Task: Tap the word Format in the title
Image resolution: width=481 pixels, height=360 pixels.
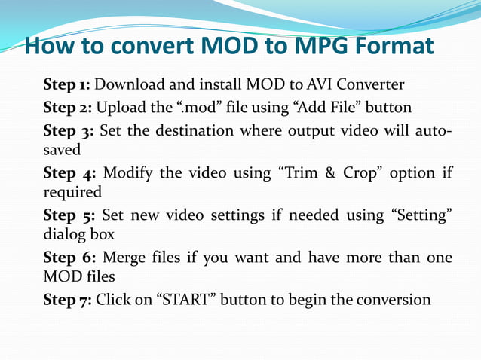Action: coord(395,47)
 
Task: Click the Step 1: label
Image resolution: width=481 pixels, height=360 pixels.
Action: coord(67,84)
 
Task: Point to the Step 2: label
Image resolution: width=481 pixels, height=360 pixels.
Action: coord(68,107)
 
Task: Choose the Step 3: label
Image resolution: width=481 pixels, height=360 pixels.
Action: coord(69,131)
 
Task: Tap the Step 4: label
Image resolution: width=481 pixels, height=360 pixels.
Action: coord(69,173)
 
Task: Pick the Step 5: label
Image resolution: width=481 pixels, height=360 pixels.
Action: coord(69,216)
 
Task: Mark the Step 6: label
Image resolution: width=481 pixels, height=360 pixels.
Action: coord(69,258)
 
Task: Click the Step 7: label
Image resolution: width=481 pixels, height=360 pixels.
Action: coord(68,301)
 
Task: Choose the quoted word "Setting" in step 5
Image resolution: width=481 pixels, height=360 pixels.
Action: coord(421,216)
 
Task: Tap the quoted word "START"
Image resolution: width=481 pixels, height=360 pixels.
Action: coord(185,301)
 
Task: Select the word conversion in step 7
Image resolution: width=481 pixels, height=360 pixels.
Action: coord(392,301)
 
